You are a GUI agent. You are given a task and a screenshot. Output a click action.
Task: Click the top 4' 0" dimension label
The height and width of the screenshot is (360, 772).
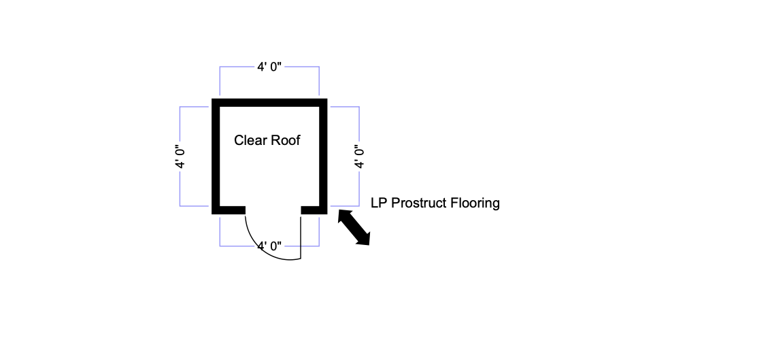tap(269, 67)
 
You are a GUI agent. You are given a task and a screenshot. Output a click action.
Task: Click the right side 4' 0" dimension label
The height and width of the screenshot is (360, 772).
tap(359, 155)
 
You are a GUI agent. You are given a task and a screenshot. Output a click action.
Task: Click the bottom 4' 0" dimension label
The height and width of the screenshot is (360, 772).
tap(269, 246)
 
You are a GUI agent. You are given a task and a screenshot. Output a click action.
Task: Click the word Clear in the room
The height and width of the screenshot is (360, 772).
tap(249, 141)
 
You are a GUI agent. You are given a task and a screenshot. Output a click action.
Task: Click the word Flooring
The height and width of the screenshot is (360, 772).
tap(475, 203)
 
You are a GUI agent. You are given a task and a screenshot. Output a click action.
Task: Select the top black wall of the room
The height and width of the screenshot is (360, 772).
tap(270, 102)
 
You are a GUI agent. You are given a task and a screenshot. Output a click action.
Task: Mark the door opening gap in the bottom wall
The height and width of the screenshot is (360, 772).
tap(273, 210)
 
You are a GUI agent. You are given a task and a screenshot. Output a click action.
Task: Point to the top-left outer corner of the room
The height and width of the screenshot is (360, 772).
tap(213, 99)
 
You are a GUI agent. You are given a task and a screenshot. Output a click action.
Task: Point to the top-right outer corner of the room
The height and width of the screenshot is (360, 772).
tap(328, 99)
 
